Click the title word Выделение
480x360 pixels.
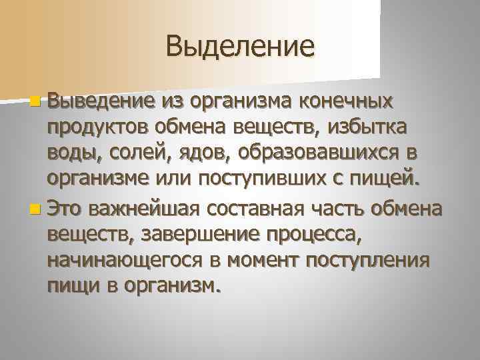point(240,46)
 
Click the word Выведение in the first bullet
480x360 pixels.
point(102,102)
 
